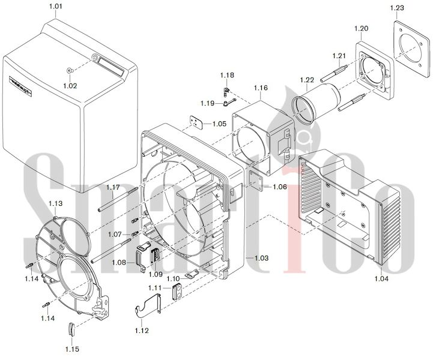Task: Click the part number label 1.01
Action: click(55, 7)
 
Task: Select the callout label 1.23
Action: click(397, 8)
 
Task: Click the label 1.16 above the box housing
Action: click(261, 88)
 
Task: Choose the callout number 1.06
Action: click(279, 187)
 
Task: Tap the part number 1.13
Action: click(56, 203)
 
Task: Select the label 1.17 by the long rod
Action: click(114, 188)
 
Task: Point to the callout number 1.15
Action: click(72, 349)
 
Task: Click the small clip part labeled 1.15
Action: click(71, 329)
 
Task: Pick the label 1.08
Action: click(119, 262)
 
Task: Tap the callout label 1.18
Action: click(227, 75)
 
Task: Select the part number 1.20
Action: click(362, 28)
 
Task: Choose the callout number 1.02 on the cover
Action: click(71, 86)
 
